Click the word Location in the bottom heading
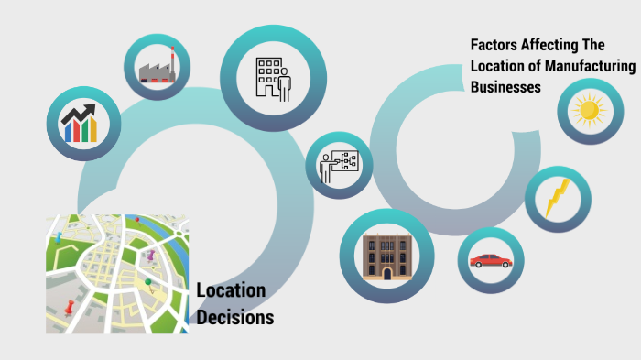pos(231,291)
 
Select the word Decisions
pos(234,318)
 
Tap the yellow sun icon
pos(588,112)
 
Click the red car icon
pos(491,260)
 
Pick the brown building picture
pos(386,256)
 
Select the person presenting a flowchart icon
pos(338,165)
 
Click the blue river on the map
pos(137,221)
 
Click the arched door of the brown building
pos(386,272)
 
